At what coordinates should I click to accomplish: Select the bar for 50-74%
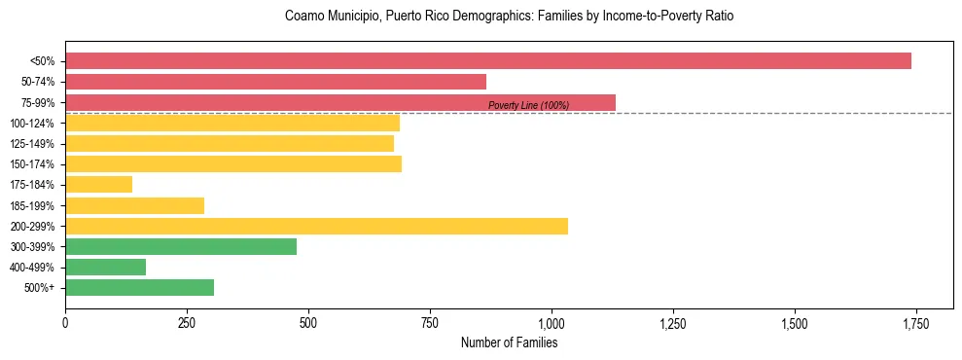point(275,82)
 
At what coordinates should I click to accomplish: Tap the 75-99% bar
point(340,102)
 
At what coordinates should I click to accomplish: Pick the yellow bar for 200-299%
point(316,226)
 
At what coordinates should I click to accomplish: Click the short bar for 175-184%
point(98,185)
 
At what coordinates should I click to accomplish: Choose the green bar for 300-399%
point(181,246)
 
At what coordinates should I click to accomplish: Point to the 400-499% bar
point(105,267)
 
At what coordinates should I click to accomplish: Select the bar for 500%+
point(139,287)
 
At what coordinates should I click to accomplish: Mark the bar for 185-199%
point(134,205)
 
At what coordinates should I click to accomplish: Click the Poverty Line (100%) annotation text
point(528,105)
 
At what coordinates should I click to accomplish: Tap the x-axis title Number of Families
point(509,342)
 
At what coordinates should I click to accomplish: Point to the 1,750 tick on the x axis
point(914,323)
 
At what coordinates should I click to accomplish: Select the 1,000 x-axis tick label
point(552,323)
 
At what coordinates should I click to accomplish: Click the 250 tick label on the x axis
point(187,323)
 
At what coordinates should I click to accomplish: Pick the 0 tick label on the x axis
point(65,323)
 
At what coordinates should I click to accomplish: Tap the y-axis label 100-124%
point(32,124)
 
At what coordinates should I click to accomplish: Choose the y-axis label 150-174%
point(32,164)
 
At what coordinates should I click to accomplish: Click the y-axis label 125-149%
point(32,144)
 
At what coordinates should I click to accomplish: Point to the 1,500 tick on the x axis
point(794,323)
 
